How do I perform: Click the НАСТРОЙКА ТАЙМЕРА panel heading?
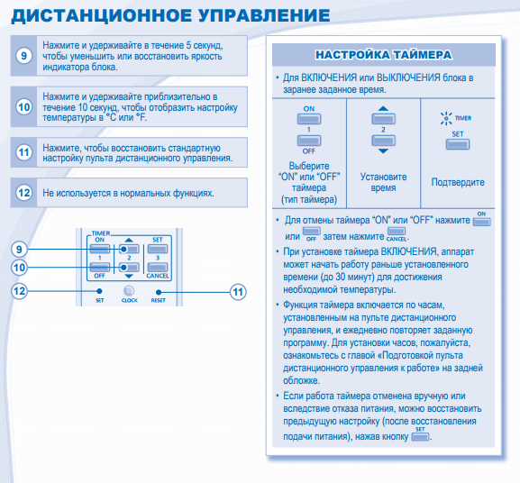[383, 55]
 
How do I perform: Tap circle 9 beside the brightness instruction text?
[23, 56]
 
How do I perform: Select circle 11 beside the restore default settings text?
[23, 152]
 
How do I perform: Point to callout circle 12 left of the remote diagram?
[19, 291]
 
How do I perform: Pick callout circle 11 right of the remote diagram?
[238, 292]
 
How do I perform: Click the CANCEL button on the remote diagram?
[158, 268]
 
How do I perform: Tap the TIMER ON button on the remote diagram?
[100, 249]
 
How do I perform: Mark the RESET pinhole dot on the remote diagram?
[159, 292]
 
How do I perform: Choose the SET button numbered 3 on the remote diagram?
[158, 249]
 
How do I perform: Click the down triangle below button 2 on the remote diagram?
[129, 276]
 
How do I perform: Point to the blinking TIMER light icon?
[446, 118]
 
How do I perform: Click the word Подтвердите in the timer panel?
[458, 182]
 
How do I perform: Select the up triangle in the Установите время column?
[383, 108]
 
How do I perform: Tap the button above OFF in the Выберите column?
[309, 141]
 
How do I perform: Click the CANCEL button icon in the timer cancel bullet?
[397, 231]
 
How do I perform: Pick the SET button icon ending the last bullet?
[420, 437]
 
